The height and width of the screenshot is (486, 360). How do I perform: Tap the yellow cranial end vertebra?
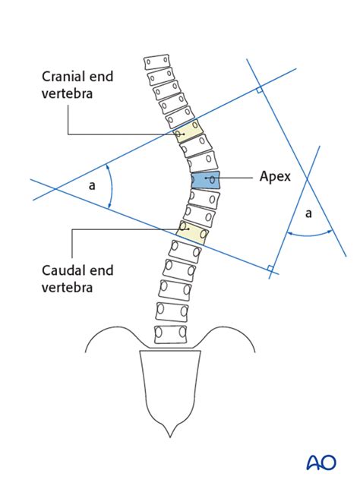(188, 131)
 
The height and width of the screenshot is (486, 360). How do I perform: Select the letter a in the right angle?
(308, 214)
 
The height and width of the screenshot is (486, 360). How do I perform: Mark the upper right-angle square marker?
(259, 90)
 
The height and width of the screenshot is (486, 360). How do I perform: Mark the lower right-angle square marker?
(270, 267)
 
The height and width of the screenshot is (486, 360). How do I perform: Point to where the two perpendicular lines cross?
(308, 179)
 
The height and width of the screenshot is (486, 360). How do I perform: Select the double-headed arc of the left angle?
(112, 185)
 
